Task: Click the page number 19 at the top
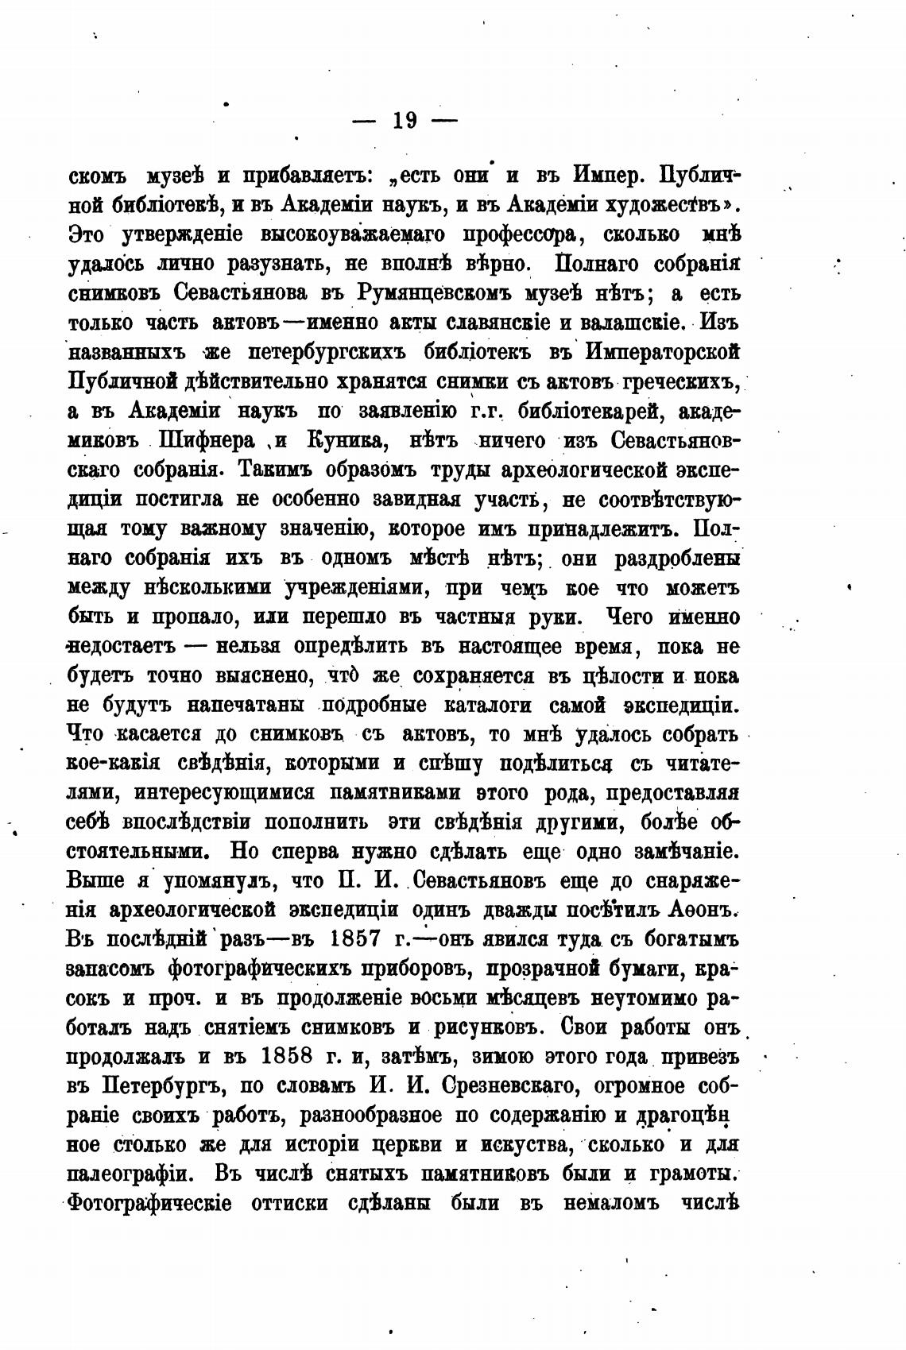click(x=404, y=121)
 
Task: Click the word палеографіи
click(x=130, y=1174)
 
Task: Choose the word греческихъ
click(x=682, y=381)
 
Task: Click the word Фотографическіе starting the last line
click(x=150, y=1204)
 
